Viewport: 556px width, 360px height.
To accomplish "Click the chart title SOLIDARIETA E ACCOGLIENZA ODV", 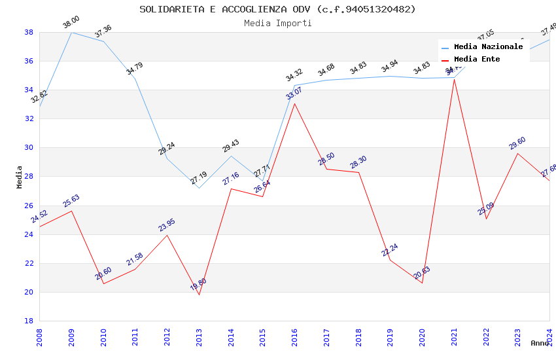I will pyautogui.click(x=277, y=9).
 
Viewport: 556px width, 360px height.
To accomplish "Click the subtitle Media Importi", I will pyautogui.click(x=277, y=23).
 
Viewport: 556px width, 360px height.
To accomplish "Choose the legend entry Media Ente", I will pyautogui.click(x=477, y=60).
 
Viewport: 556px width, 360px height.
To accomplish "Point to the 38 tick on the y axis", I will pyautogui.click(x=29, y=32).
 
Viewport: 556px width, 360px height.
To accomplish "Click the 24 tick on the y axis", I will pyautogui.click(x=29, y=234).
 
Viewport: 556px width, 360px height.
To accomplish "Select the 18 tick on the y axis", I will pyautogui.click(x=29, y=321).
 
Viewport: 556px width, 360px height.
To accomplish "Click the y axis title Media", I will pyautogui.click(x=20, y=177).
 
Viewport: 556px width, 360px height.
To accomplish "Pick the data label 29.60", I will pyautogui.click(x=517, y=143).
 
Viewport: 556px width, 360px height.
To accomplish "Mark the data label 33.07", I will pyautogui.click(x=294, y=94).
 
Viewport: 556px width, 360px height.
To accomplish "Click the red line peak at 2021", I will pyautogui.click(x=454, y=79).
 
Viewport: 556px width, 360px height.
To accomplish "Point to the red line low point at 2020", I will pyautogui.click(x=422, y=283).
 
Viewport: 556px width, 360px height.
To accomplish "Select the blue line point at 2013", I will pyautogui.click(x=199, y=188).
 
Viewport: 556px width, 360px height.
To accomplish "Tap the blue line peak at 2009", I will pyautogui.click(x=71, y=32).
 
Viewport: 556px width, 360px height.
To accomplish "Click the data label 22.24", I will pyautogui.click(x=390, y=250).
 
